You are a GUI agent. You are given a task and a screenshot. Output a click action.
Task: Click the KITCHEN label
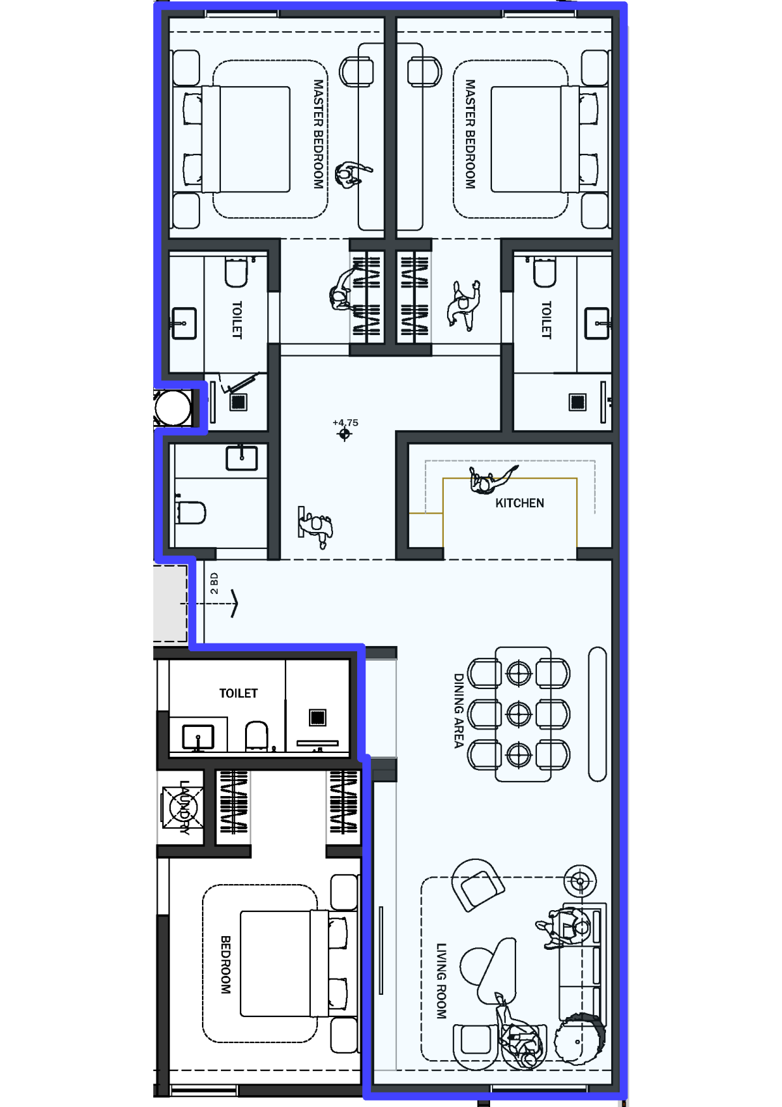point(519,503)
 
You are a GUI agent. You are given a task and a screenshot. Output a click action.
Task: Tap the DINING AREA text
point(459,711)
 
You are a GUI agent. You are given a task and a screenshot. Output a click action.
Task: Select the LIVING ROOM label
point(441,981)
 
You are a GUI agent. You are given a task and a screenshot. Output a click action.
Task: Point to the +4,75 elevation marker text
point(345,422)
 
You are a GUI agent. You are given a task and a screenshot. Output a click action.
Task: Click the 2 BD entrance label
point(214,583)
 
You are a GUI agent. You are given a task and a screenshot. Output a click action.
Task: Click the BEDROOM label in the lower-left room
point(225,965)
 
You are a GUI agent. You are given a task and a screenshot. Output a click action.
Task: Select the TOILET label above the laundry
point(238,694)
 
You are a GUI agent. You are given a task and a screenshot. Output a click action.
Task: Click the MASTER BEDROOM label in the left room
point(319,134)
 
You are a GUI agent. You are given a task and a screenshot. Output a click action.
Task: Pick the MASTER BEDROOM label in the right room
point(471,134)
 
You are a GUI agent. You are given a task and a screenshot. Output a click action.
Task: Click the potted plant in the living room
point(579,1042)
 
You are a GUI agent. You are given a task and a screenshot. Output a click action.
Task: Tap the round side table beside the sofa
point(580,881)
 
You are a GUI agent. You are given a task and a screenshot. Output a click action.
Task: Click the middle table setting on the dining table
point(519,714)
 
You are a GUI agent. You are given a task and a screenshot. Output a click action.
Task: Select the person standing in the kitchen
point(491,479)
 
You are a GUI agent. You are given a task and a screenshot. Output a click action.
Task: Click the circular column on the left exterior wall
point(173,408)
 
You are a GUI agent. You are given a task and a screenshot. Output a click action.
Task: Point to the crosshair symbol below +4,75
point(345,434)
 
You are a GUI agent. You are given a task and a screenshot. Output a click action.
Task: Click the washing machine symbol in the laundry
point(182,808)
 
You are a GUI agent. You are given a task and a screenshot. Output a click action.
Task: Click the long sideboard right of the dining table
point(598,714)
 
